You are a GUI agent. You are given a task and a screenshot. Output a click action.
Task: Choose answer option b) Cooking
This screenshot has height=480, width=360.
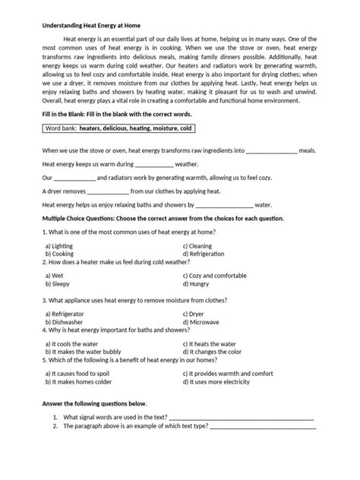[59, 254]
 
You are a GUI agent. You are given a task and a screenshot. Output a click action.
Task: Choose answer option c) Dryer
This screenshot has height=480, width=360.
[199, 313]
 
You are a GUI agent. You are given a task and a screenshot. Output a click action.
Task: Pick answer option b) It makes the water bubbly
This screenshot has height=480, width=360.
[85, 352]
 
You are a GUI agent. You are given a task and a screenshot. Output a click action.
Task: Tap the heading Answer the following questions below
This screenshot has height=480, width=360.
[94, 403]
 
